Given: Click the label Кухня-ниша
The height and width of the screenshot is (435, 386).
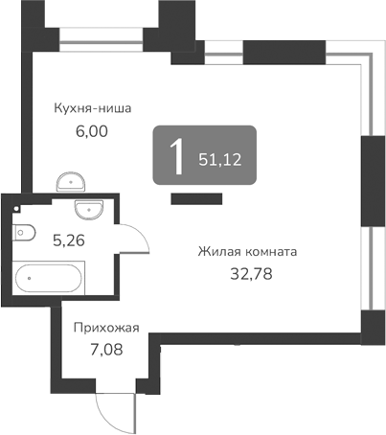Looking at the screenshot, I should click(93, 107).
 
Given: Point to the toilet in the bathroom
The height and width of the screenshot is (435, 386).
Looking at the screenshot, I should click(25, 229).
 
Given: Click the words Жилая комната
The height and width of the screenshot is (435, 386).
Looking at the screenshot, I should click(246, 252).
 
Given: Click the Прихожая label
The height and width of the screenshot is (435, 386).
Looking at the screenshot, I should click(105, 328).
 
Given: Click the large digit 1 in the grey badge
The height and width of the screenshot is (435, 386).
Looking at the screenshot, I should click(176, 156).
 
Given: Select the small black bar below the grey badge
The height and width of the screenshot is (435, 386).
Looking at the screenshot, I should click(196, 198).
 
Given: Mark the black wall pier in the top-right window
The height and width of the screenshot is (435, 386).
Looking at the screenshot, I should click(271, 52).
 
